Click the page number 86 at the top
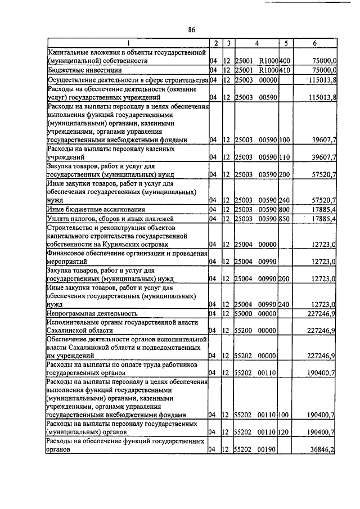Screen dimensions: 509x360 click(192, 30)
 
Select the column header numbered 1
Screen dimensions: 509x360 click(128, 43)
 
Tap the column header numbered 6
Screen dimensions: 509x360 click(314, 43)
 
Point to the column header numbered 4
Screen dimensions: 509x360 click(256, 43)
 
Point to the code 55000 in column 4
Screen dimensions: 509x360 click(244, 313)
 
